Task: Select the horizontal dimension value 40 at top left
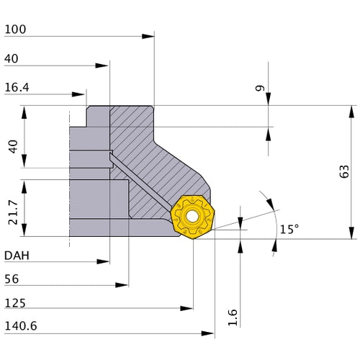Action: (12, 58)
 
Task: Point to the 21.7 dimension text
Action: (12, 209)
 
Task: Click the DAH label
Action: (17, 255)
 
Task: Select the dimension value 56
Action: (12, 279)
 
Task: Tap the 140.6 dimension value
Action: (20, 326)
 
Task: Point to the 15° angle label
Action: (289, 229)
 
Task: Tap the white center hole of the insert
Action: (192, 215)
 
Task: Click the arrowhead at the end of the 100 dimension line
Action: (150, 35)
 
